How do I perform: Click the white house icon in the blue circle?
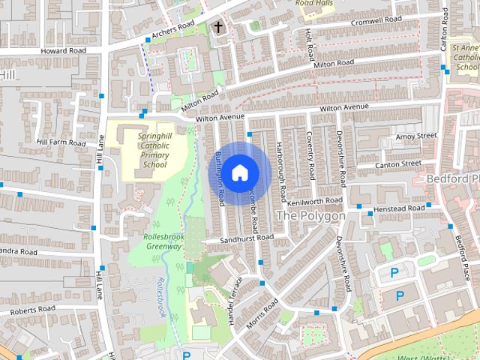(x=238, y=172)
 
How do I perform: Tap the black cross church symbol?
(x=218, y=28)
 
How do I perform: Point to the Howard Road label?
(x=64, y=50)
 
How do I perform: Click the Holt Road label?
(x=309, y=44)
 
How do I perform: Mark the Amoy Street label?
(x=415, y=136)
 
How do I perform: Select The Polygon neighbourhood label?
(x=310, y=216)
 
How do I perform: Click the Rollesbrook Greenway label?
(x=163, y=241)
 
